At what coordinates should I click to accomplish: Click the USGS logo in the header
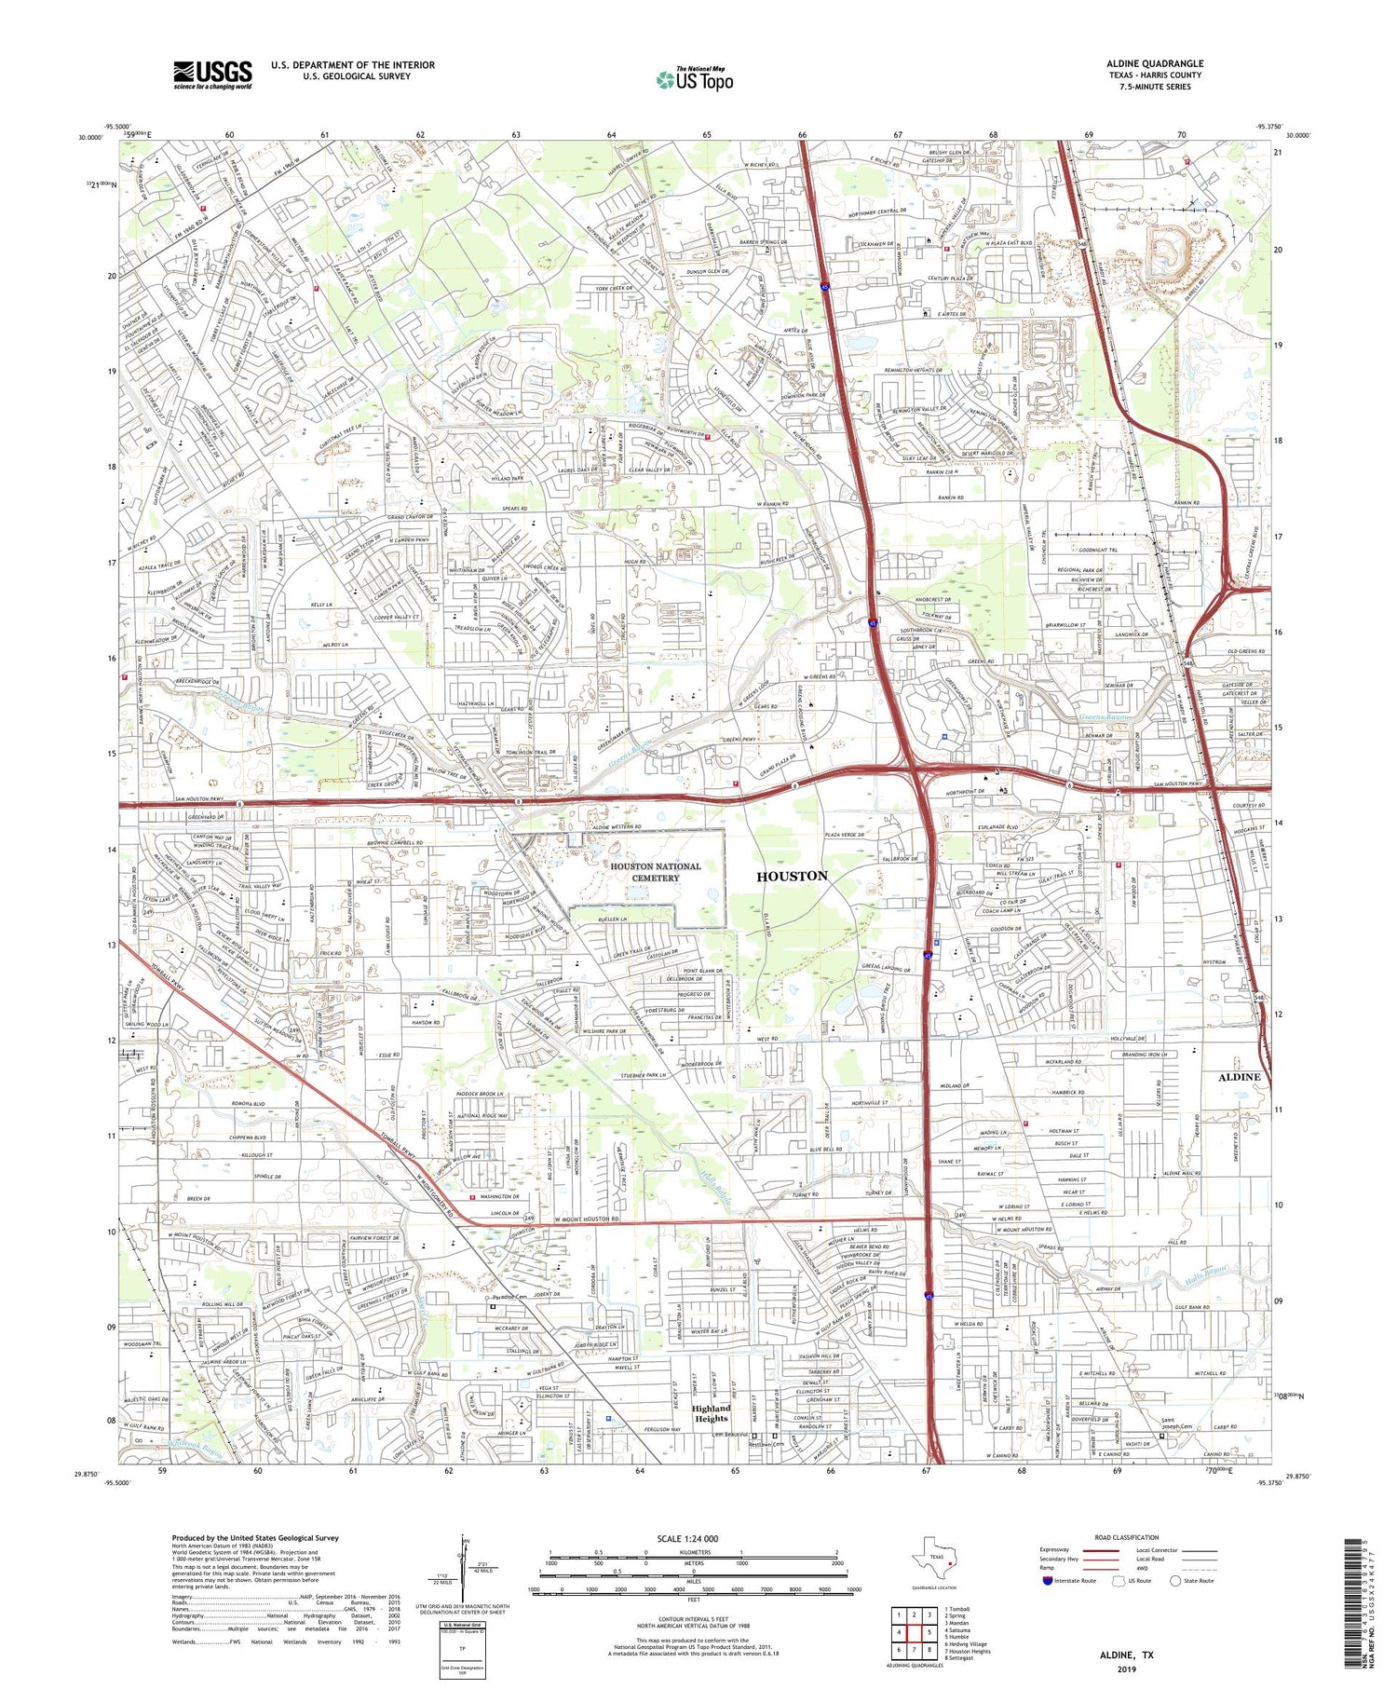[x=212, y=75]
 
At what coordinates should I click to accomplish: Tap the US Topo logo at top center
[x=694, y=80]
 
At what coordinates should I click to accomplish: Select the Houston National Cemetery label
[x=655, y=871]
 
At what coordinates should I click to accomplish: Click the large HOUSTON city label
[x=792, y=876]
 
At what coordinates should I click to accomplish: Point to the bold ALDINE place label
[x=1239, y=1076]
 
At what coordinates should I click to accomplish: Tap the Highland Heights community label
[x=710, y=1413]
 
